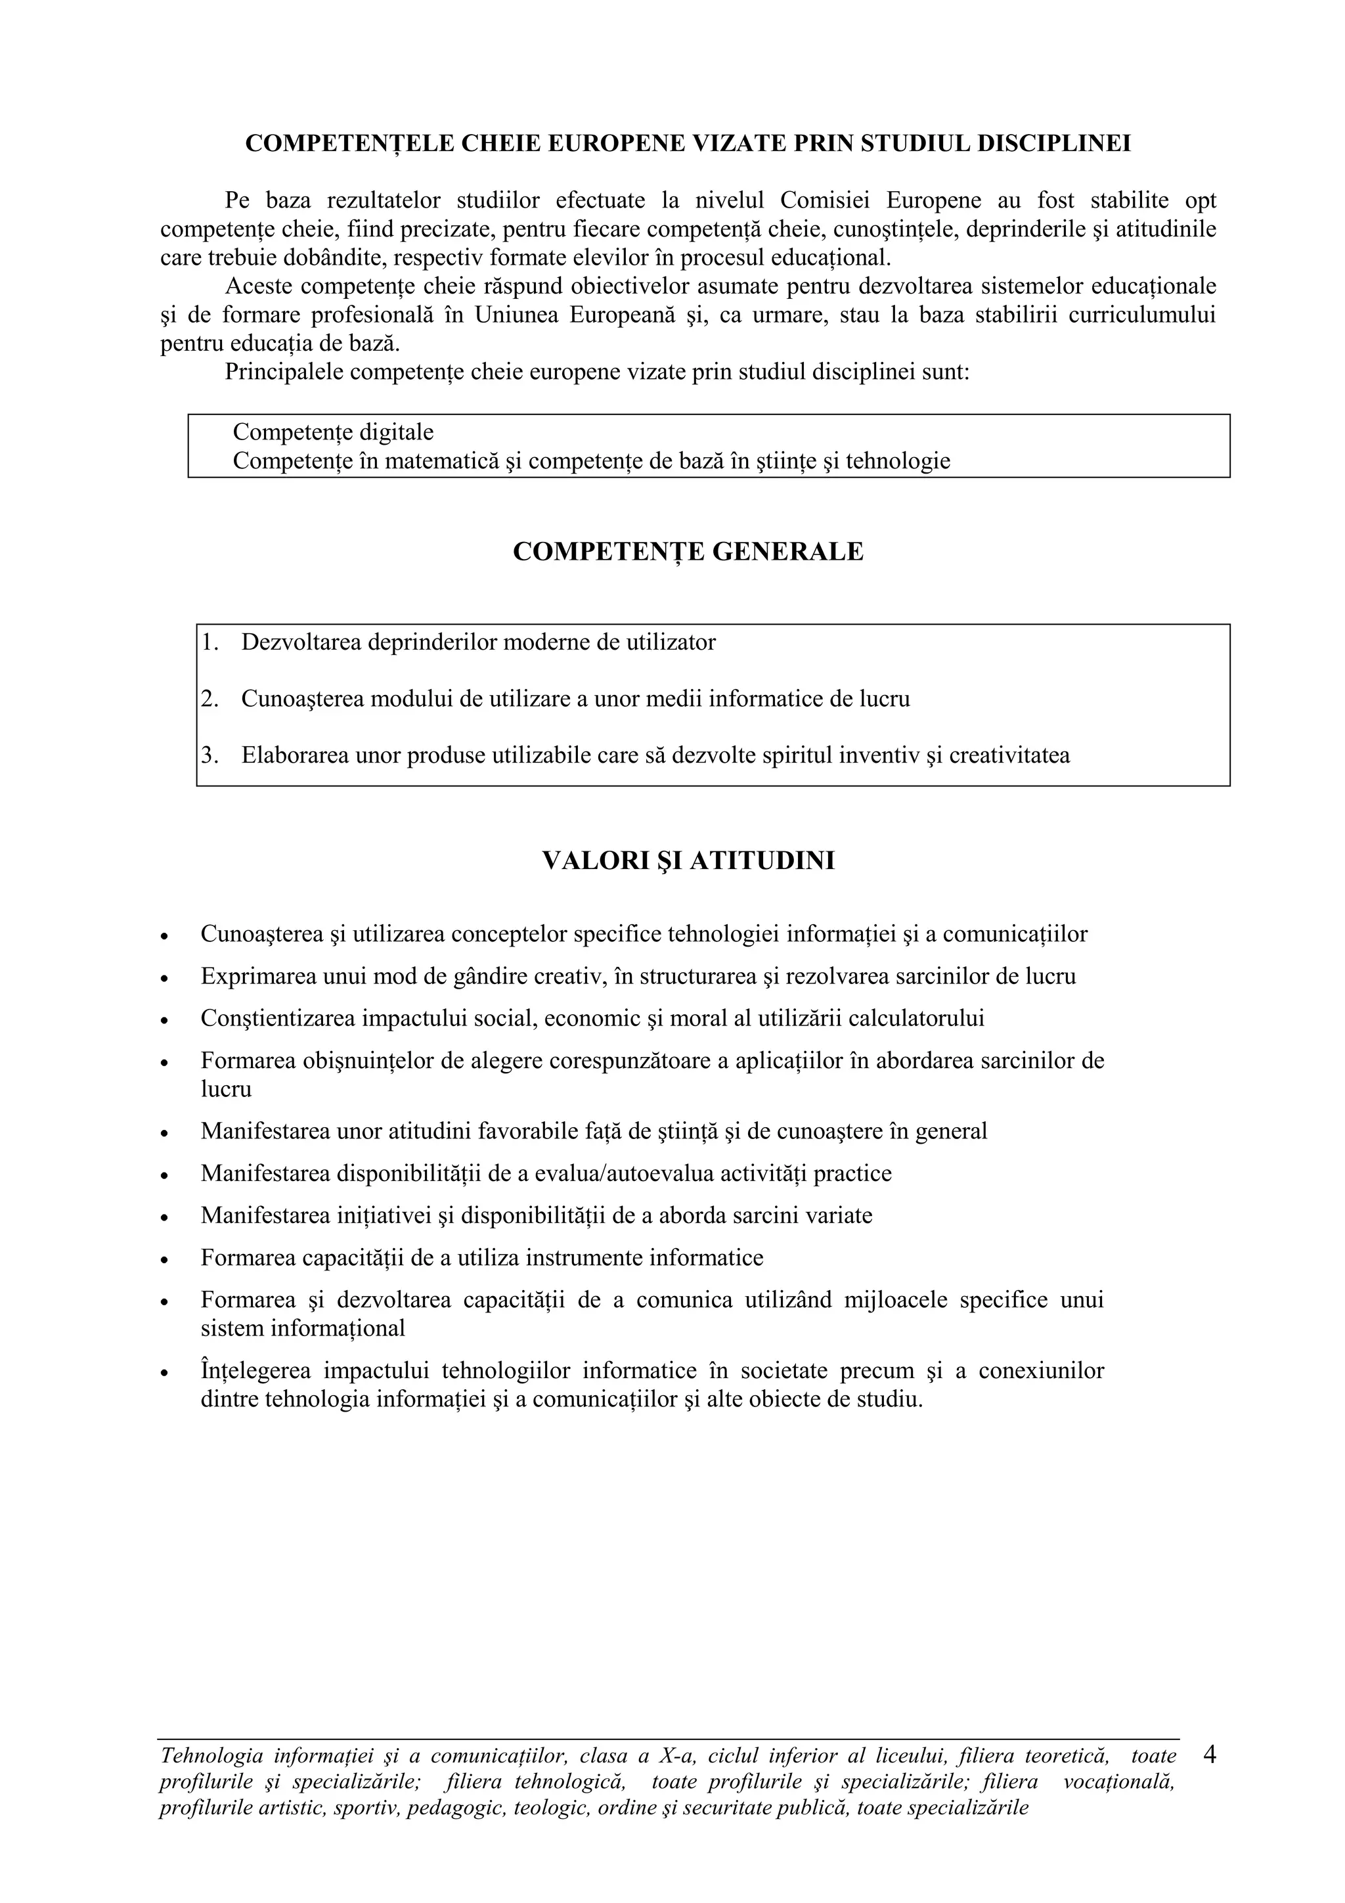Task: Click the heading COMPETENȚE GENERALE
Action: (688, 552)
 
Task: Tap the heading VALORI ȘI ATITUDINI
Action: (688, 861)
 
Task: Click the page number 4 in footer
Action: (1209, 1755)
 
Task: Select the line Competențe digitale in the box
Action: (333, 433)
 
